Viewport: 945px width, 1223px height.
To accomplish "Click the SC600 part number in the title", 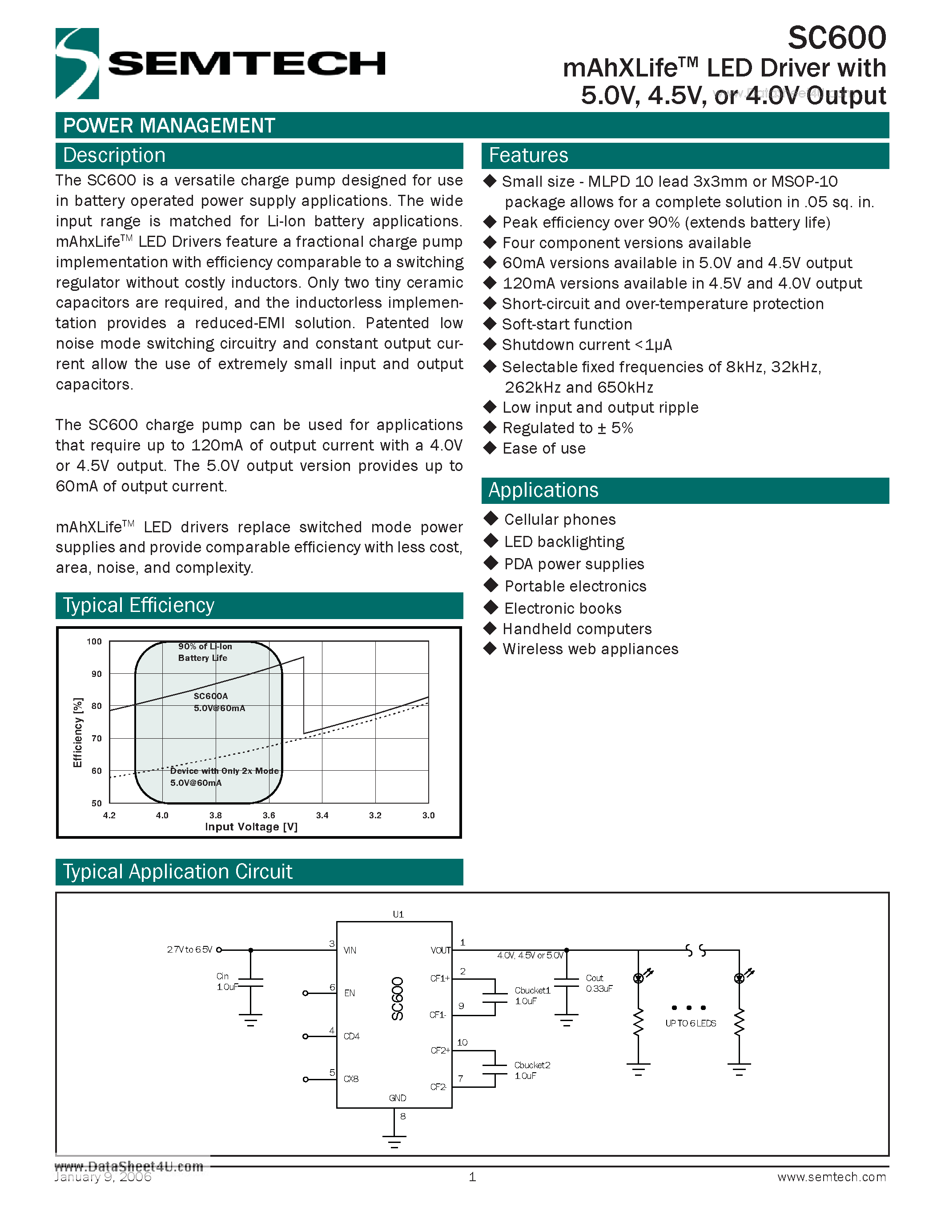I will [836, 38].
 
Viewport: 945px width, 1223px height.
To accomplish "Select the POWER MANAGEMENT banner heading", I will [169, 125].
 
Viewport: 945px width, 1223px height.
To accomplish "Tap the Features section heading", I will [528, 155].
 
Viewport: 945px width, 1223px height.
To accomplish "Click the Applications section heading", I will [543, 490].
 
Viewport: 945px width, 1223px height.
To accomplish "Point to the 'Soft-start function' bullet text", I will [567, 324].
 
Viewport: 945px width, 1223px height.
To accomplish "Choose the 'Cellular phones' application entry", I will [559, 519].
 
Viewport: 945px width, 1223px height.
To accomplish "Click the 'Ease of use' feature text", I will [543, 449].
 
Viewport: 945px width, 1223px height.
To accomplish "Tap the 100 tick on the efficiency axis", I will [94, 642].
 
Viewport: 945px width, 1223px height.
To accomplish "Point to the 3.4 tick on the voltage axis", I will [322, 815].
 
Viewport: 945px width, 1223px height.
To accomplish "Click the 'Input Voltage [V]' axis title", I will [251, 827].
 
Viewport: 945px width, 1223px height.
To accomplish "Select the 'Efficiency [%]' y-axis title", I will [78, 732].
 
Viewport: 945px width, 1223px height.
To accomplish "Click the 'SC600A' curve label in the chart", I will [210, 696].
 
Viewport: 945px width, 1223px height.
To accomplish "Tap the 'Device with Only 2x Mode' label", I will [224, 771].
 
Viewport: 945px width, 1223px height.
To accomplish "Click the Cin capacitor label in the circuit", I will [222, 976].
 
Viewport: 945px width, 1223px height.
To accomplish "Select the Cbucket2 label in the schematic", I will [532, 1065].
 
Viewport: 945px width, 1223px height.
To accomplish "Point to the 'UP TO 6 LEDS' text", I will [690, 1023].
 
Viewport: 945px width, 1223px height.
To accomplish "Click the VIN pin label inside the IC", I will [350, 950].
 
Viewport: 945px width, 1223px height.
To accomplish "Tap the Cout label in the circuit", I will [594, 978].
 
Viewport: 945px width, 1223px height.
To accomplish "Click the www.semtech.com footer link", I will [831, 1177].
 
